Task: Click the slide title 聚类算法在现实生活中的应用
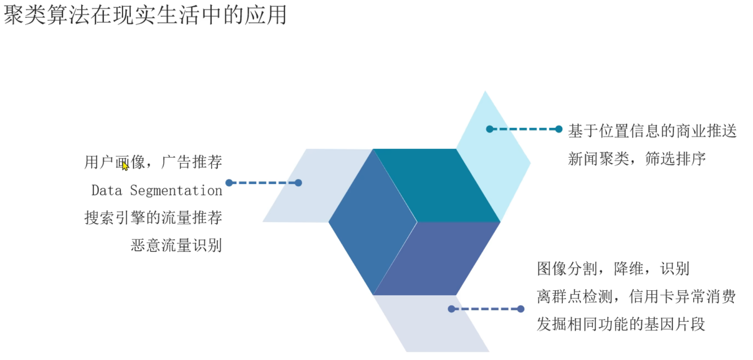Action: coord(145,15)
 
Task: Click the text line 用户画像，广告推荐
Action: coord(153,162)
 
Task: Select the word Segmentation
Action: coord(176,191)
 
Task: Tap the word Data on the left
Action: coord(107,191)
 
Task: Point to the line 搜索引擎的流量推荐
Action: coord(153,218)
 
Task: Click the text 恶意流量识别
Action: coord(176,246)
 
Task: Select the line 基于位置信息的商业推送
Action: coord(652,131)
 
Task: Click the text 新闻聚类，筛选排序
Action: coord(637,159)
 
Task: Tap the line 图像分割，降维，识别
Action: coord(613,269)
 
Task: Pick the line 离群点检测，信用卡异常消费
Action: coord(636,296)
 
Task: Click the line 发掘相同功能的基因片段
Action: coord(621,324)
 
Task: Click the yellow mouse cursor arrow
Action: coord(125,166)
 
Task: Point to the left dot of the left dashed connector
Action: coord(229,183)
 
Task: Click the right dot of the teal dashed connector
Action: coord(559,129)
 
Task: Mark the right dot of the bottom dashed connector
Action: coord(521,309)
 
